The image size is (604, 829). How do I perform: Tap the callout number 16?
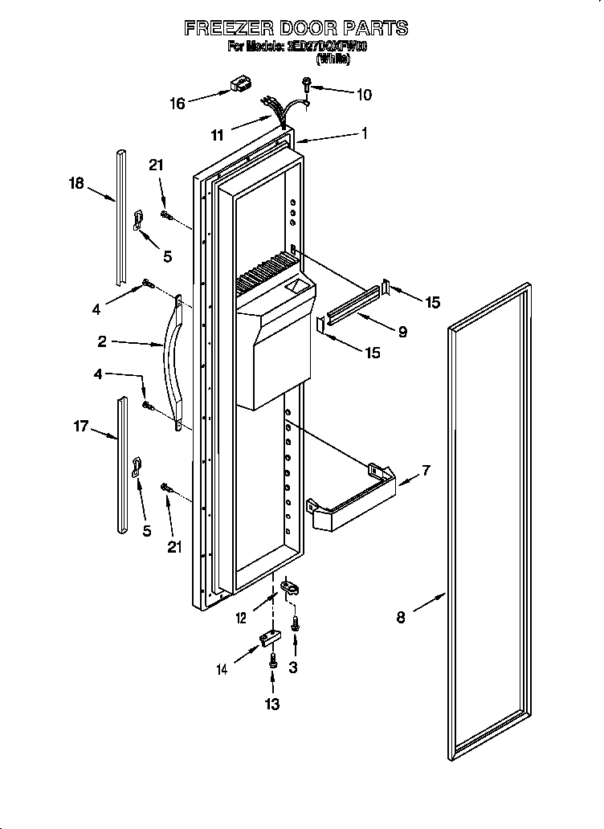(178, 103)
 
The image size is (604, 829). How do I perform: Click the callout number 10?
(363, 95)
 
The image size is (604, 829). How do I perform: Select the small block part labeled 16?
(239, 84)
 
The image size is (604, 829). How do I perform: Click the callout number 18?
(75, 183)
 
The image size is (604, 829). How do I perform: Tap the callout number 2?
(102, 341)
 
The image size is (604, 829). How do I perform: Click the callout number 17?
(81, 426)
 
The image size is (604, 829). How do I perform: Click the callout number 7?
(425, 470)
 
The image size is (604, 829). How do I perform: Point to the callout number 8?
(401, 617)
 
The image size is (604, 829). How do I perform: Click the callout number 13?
(272, 704)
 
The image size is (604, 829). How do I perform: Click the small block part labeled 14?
(269, 638)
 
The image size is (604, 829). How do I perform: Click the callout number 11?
(217, 135)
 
